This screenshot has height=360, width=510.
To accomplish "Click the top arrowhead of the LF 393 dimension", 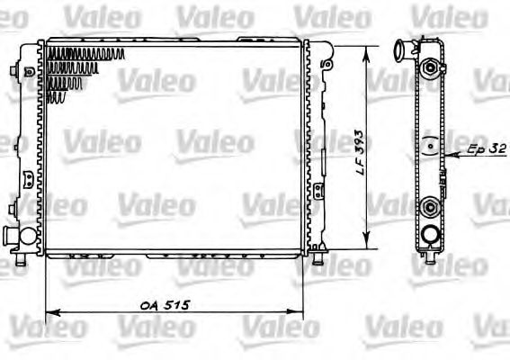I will tap(366, 47).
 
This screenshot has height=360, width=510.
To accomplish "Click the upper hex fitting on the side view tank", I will tap(432, 67).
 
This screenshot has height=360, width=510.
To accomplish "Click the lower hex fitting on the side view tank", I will tap(432, 208).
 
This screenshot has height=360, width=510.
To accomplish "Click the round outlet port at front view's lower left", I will tap(16, 238).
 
